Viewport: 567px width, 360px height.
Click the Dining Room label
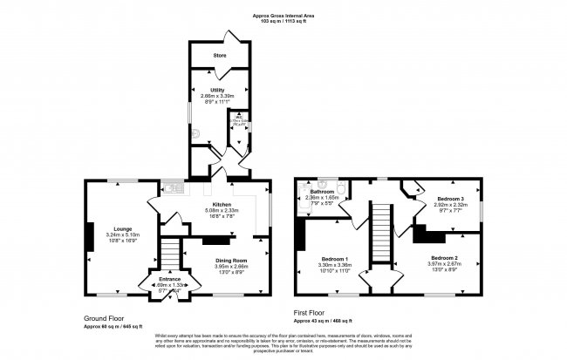tap(232, 261)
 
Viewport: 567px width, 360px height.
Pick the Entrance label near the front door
tap(169, 279)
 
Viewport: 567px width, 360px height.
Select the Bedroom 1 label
tap(335, 259)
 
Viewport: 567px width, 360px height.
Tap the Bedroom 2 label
tap(443, 257)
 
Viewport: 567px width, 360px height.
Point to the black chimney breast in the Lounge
tap(89, 235)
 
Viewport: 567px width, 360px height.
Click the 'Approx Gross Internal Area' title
tap(283, 15)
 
